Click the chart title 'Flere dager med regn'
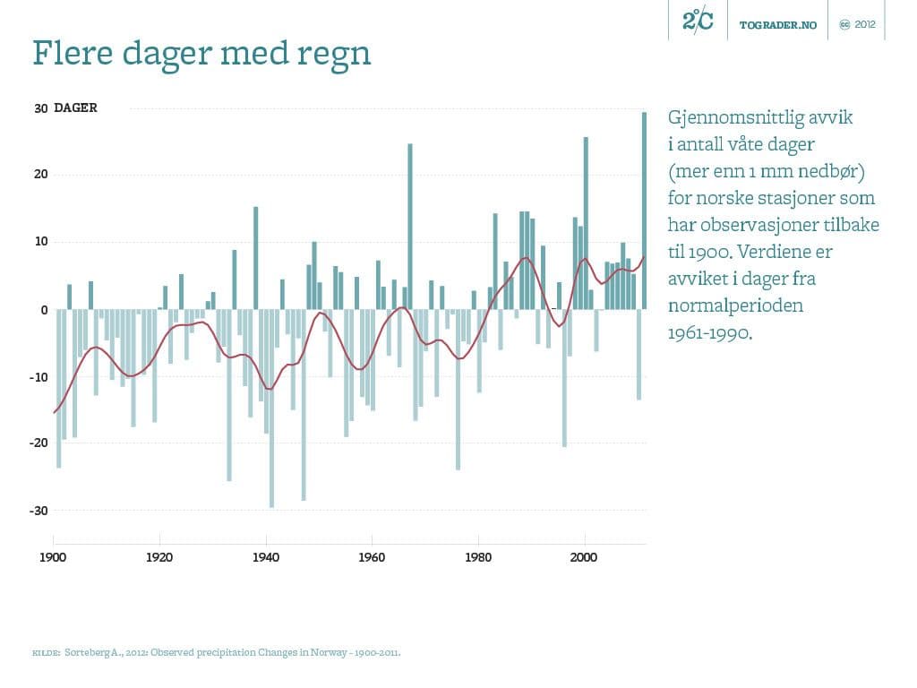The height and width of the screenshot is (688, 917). point(201,54)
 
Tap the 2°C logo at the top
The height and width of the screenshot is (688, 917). point(698,21)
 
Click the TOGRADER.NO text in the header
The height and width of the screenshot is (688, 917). point(778,25)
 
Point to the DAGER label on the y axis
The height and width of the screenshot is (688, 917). point(75,107)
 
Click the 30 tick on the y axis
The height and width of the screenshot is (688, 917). point(40,108)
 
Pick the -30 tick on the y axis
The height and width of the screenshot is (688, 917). point(39,511)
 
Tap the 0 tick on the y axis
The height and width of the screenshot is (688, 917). point(43,310)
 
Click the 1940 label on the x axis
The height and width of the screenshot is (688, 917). point(266,557)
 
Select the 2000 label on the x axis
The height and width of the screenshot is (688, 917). point(585,557)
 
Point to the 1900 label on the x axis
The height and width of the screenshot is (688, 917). point(53,557)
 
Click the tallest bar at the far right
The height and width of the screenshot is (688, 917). point(644,211)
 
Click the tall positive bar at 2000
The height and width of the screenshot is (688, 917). point(586,223)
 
